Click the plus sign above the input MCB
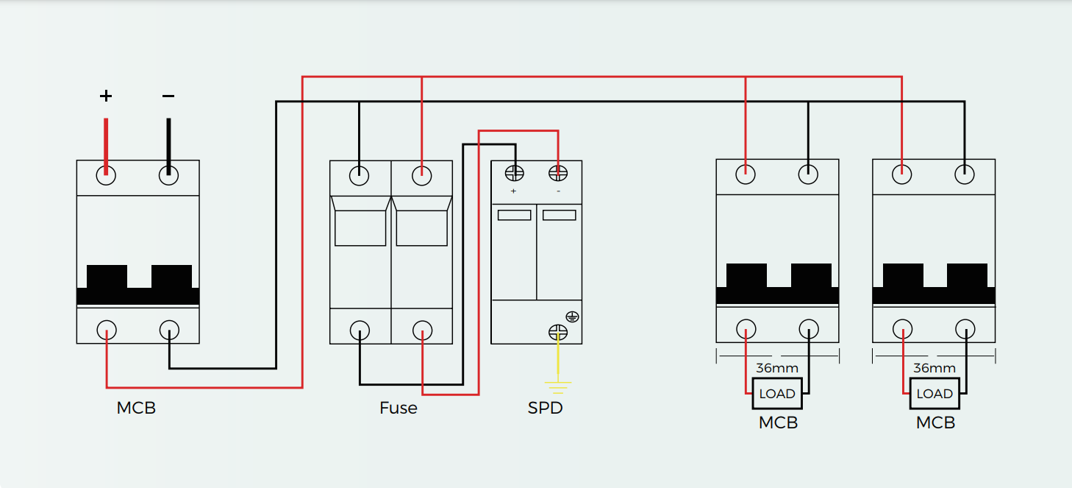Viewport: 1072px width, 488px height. tap(106, 96)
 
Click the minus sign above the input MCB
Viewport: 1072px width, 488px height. tap(168, 96)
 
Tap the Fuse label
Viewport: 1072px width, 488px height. tap(399, 408)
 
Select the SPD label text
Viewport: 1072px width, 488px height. tap(545, 408)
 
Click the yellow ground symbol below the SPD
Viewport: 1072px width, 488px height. tap(558, 387)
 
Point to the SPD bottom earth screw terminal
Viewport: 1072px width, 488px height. tap(558, 333)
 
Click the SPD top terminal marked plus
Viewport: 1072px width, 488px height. tap(515, 173)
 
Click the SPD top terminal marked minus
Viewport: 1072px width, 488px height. tap(558, 173)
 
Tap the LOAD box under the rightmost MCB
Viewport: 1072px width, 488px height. tap(935, 394)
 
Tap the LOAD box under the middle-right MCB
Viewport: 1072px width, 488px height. tap(777, 394)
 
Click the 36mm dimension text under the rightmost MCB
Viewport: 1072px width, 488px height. tap(935, 368)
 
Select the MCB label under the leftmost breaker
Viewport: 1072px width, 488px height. tap(136, 408)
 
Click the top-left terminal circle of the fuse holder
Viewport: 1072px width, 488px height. tap(359, 176)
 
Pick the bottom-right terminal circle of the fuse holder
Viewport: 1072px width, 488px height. tap(422, 330)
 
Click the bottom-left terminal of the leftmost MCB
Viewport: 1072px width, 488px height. tap(106, 330)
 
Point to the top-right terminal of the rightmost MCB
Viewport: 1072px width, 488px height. tap(965, 174)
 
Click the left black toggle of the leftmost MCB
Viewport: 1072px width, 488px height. tap(107, 277)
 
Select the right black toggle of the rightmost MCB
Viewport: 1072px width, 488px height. tap(967, 275)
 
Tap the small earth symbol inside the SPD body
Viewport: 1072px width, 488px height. tap(572, 317)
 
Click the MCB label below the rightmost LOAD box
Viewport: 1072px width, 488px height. tap(935, 423)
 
